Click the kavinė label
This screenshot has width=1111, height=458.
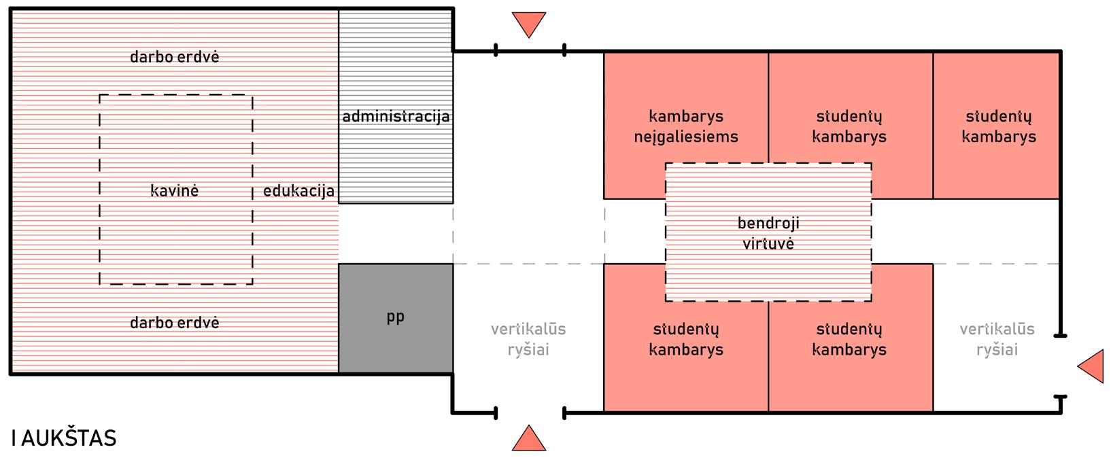174,191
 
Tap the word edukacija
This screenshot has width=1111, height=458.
298,191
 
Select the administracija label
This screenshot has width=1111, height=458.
396,116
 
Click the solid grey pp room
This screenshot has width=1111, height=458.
396,317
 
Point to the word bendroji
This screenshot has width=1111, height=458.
768,223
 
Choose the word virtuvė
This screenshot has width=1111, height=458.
768,243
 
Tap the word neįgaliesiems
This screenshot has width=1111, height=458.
685,137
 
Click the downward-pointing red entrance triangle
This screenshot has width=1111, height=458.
529,24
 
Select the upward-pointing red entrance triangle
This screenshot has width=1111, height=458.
529,439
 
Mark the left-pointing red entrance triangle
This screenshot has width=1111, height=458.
1092,366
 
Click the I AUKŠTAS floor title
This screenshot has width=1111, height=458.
64,438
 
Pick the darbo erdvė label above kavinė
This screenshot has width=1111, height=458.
174,57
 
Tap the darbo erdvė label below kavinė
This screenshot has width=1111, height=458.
174,323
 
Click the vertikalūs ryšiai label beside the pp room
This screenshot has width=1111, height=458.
528,339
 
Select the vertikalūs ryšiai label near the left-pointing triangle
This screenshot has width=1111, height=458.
997,339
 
